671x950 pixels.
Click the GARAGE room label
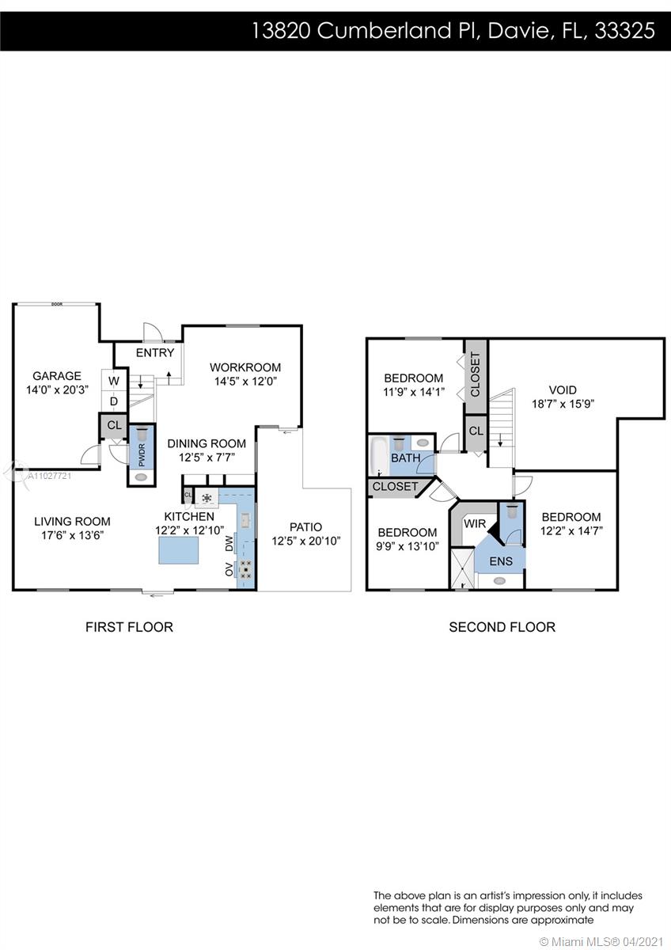point(57,376)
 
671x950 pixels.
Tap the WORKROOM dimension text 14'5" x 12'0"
point(245,382)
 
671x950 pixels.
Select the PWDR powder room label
point(142,455)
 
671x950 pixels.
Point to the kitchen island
point(179,550)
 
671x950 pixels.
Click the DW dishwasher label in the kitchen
point(229,543)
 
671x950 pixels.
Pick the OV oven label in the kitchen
point(229,569)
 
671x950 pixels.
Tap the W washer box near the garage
point(114,381)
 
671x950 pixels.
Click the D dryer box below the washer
point(114,401)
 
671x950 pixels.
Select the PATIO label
point(306,526)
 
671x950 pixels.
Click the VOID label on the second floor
point(563,389)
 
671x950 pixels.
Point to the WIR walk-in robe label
point(475,524)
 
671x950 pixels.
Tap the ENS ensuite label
point(501,561)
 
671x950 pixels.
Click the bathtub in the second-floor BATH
point(379,455)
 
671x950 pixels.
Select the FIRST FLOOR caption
point(129,627)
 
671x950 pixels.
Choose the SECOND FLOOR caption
point(502,627)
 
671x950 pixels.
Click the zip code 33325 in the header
point(625,31)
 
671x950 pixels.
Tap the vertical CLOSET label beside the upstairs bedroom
point(476,374)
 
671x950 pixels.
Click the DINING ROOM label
point(207,443)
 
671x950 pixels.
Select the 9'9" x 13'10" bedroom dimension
point(408,546)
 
